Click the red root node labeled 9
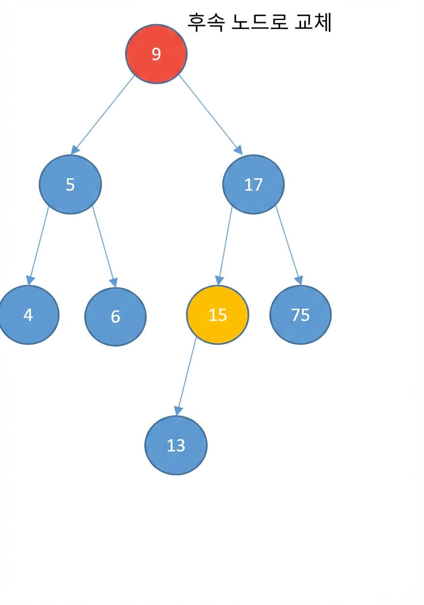coord(156,54)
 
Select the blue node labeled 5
coord(71,185)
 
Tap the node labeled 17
coord(253,185)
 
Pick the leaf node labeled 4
coord(28,315)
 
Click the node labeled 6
coord(115,317)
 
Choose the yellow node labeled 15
coord(217,315)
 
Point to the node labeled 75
coord(300,315)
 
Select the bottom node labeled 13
coord(176,445)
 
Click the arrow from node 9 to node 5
coord(103,115)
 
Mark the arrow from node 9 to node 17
coord(211,115)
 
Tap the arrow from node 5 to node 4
coord(38,246)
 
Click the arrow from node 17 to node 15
coord(225,246)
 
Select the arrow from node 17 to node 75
coord(289,246)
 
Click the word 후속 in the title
coord(206,23)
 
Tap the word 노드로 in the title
coord(260,22)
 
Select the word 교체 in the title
coord(313,23)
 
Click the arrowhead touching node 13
coord(178,412)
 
